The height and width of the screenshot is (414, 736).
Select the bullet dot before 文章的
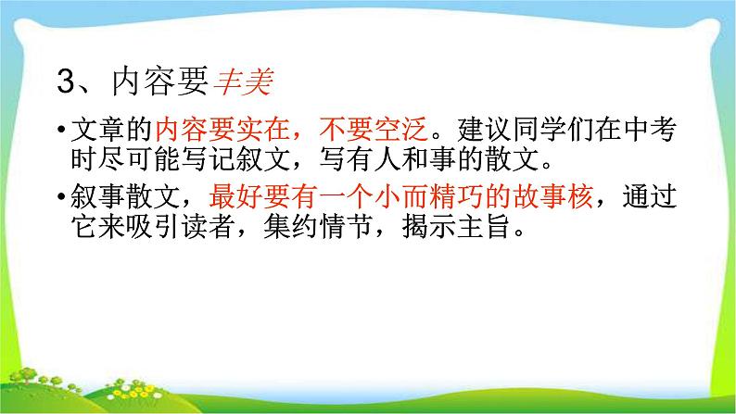click(60, 135)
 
